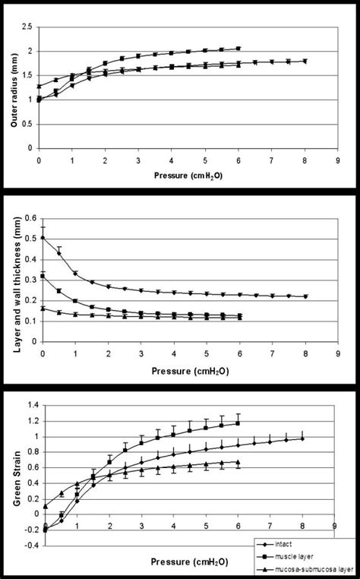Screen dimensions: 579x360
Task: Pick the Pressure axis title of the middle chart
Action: coord(186,373)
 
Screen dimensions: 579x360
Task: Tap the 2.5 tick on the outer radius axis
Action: coord(28,27)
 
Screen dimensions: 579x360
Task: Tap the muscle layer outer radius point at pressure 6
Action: coord(238,49)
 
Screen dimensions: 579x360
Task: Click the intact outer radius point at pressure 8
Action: coord(304,62)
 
